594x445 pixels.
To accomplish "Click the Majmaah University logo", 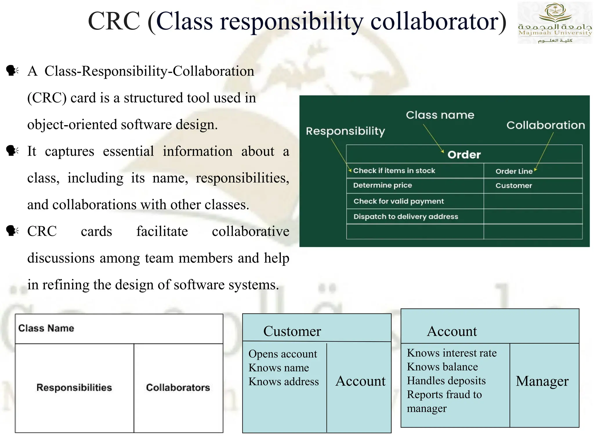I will pyautogui.click(x=555, y=23).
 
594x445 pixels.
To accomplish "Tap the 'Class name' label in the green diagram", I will pyautogui.click(x=440, y=115).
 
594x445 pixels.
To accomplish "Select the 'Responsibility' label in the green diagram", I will pyautogui.click(x=345, y=131).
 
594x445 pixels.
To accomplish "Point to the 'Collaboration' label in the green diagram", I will pyautogui.click(x=546, y=125).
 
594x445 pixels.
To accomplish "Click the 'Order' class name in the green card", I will pyautogui.click(x=464, y=155).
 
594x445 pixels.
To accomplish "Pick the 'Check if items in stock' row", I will pyautogui.click(x=394, y=171).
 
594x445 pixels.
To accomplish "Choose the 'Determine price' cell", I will pyautogui.click(x=382, y=185).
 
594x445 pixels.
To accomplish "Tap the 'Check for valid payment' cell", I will pyautogui.click(x=399, y=201).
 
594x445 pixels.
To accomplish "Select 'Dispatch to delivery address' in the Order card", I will pyautogui.click(x=405, y=216).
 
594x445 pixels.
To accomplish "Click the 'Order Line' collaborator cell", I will pyautogui.click(x=514, y=171).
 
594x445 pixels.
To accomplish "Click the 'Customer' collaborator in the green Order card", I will pyautogui.click(x=514, y=186).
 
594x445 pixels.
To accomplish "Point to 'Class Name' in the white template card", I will pyautogui.click(x=46, y=328).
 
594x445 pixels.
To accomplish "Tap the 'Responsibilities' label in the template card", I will pyautogui.click(x=74, y=387).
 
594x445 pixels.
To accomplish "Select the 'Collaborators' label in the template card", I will pyautogui.click(x=178, y=387).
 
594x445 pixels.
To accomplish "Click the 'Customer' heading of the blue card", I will pyautogui.click(x=292, y=331).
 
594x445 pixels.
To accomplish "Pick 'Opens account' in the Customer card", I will pyautogui.click(x=282, y=354).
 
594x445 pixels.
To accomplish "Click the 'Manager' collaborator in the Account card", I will pyautogui.click(x=542, y=381).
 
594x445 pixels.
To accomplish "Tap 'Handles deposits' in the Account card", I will pyautogui.click(x=446, y=380).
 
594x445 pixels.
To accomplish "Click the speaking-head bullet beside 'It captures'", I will pyautogui.click(x=12, y=151).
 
